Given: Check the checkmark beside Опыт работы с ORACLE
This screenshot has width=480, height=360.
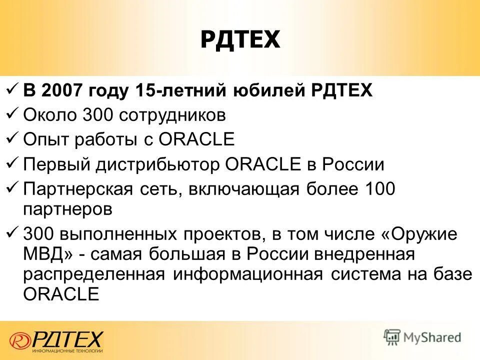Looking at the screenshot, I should pos(13,138).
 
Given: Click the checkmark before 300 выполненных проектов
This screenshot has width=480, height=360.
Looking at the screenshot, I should pos(13,233).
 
